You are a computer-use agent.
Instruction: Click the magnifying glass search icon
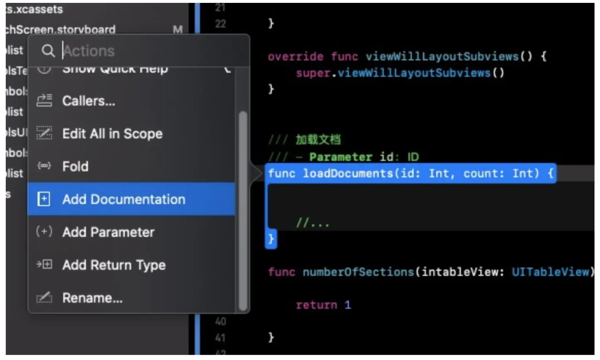(x=48, y=51)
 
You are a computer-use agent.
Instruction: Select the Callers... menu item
(x=88, y=101)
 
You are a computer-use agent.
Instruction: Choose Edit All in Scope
(x=112, y=134)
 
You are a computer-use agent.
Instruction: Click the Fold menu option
(x=75, y=166)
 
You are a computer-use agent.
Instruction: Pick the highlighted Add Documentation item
(x=124, y=199)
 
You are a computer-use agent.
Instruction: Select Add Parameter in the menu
(x=108, y=232)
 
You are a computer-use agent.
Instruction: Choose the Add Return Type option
(x=114, y=265)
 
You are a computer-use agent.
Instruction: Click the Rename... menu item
(x=92, y=297)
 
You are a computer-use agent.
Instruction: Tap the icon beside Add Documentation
(x=44, y=199)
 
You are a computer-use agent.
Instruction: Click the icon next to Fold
(x=44, y=166)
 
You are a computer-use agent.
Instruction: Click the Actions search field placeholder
(x=89, y=51)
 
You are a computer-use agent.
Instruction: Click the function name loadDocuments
(x=348, y=173)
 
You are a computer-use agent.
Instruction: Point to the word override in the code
(x=295, y=56)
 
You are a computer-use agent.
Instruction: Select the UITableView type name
(x=550, y=272)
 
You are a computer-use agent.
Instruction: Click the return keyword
(x=316, y=305)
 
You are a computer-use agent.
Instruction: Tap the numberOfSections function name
(x=358, y=272)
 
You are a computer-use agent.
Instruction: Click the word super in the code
(x=313, y=73)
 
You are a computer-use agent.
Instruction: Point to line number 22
(x=220, y=24)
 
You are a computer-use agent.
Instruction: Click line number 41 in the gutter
(x=220, y=338)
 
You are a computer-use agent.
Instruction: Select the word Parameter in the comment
(x=340, y=157)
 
